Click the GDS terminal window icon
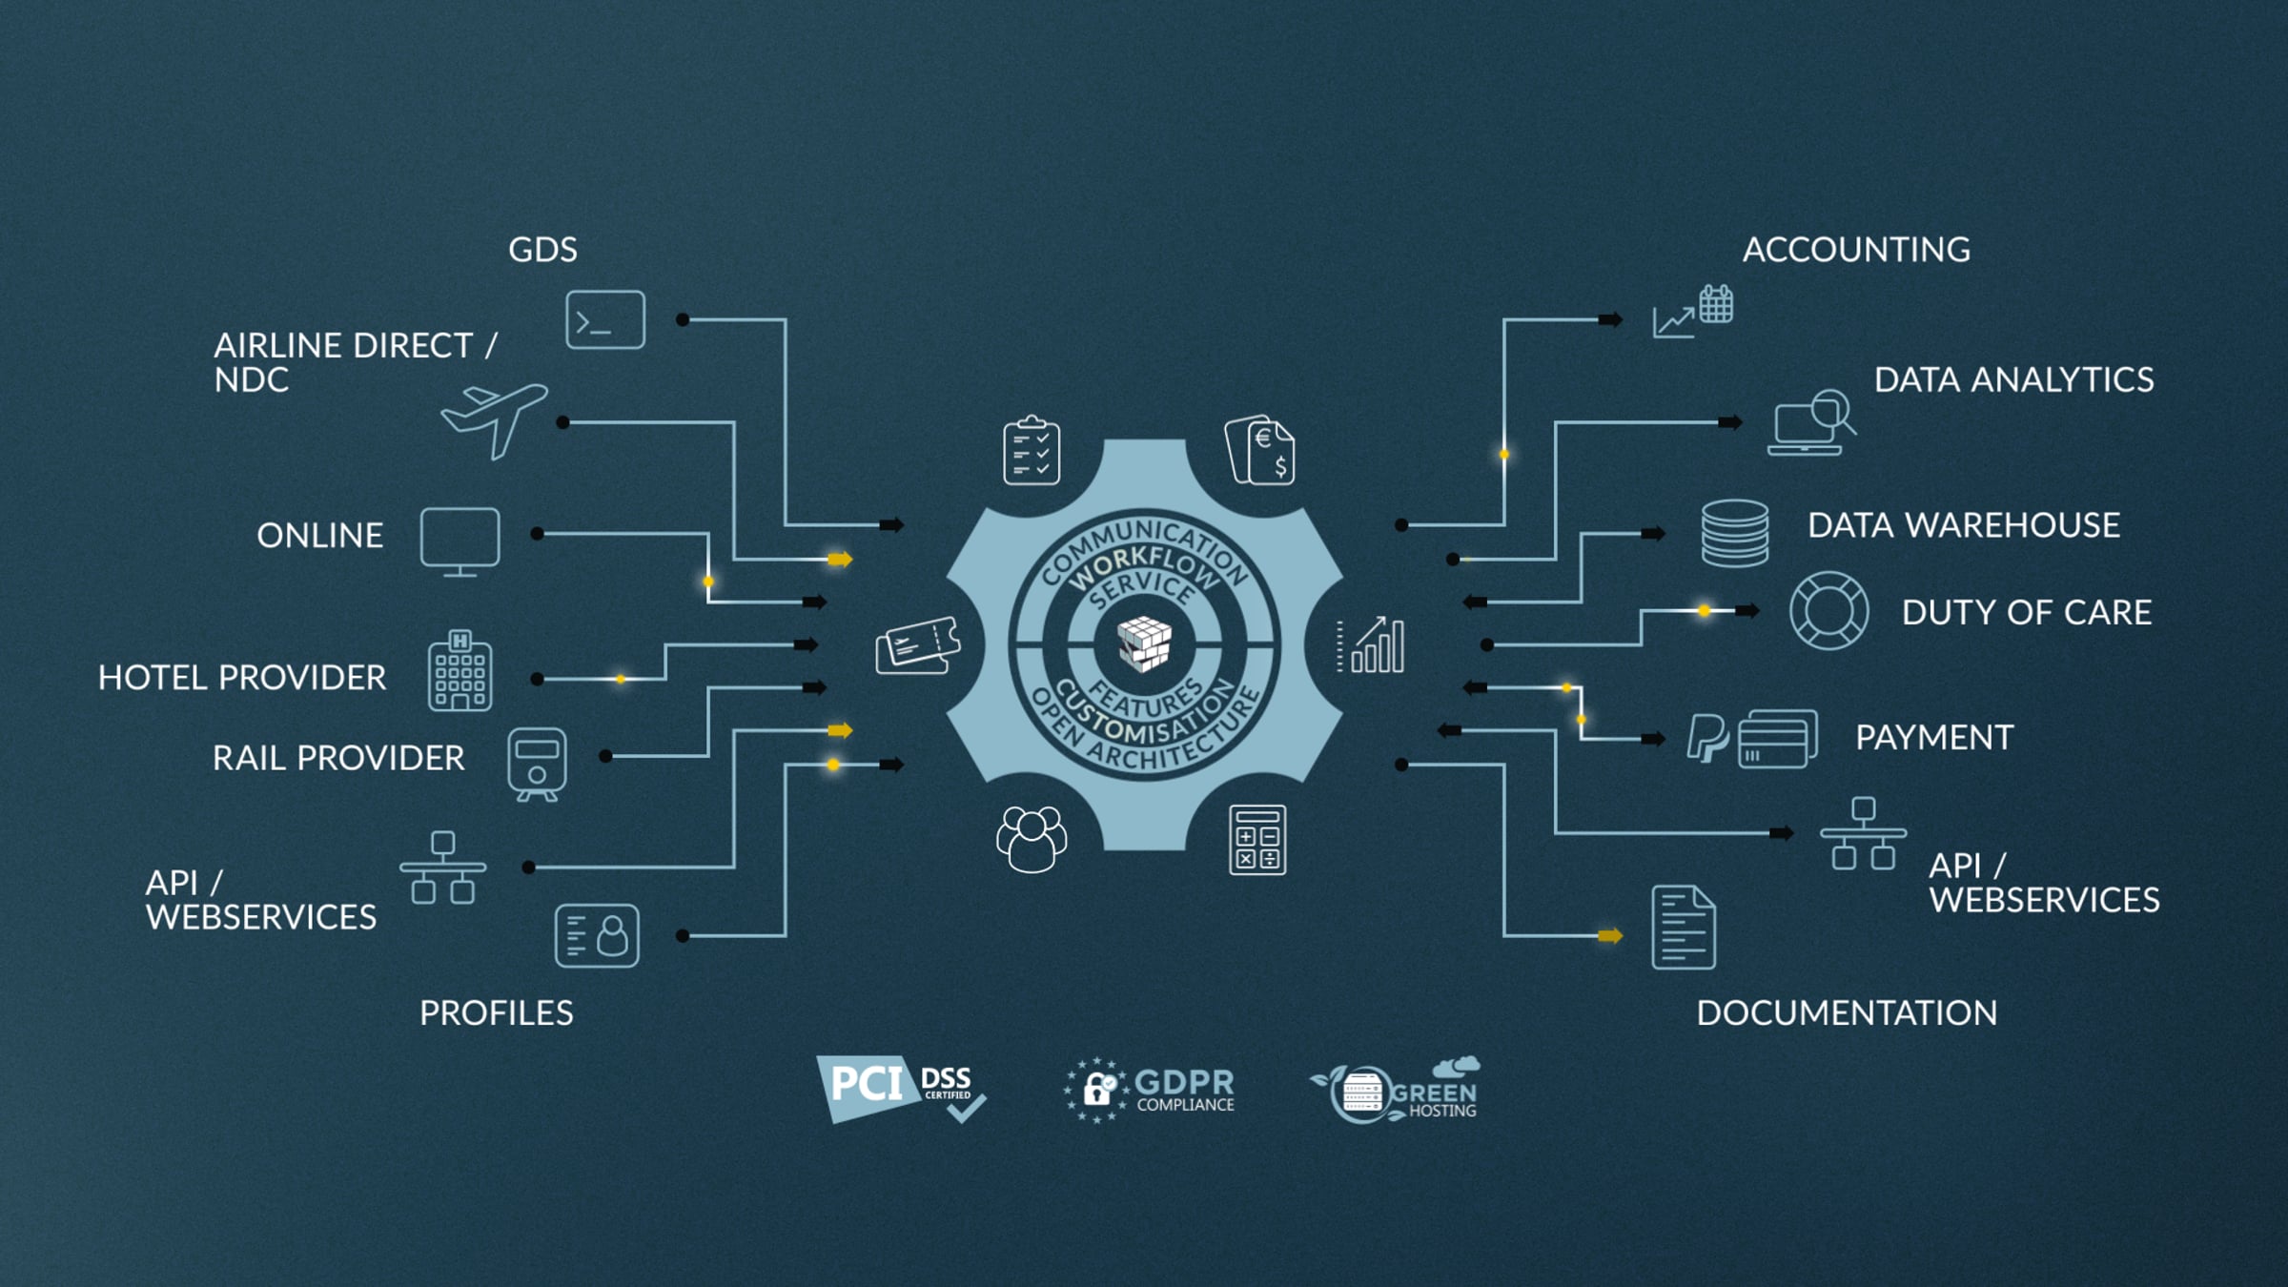tap(605, 319)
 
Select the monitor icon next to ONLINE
tap(460, 541)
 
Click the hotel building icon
tap(460, 671)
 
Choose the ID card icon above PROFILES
tap(597, 935)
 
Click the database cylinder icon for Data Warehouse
tap(1735, 533)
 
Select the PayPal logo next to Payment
tap(1706, 738)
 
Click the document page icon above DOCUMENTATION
tap(1684, 928)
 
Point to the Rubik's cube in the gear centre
tap(1144, 643)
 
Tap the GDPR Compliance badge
tap(1149, 1090)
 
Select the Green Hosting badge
tap(1395, 1090)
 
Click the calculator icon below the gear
tap(1257, 840)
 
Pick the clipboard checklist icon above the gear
tap(1032, 450)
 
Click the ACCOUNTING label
tap(1856, 250)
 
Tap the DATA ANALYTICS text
tap(2013, 379)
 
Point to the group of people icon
tap(1032, 839)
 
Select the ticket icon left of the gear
tap(917, 646)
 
